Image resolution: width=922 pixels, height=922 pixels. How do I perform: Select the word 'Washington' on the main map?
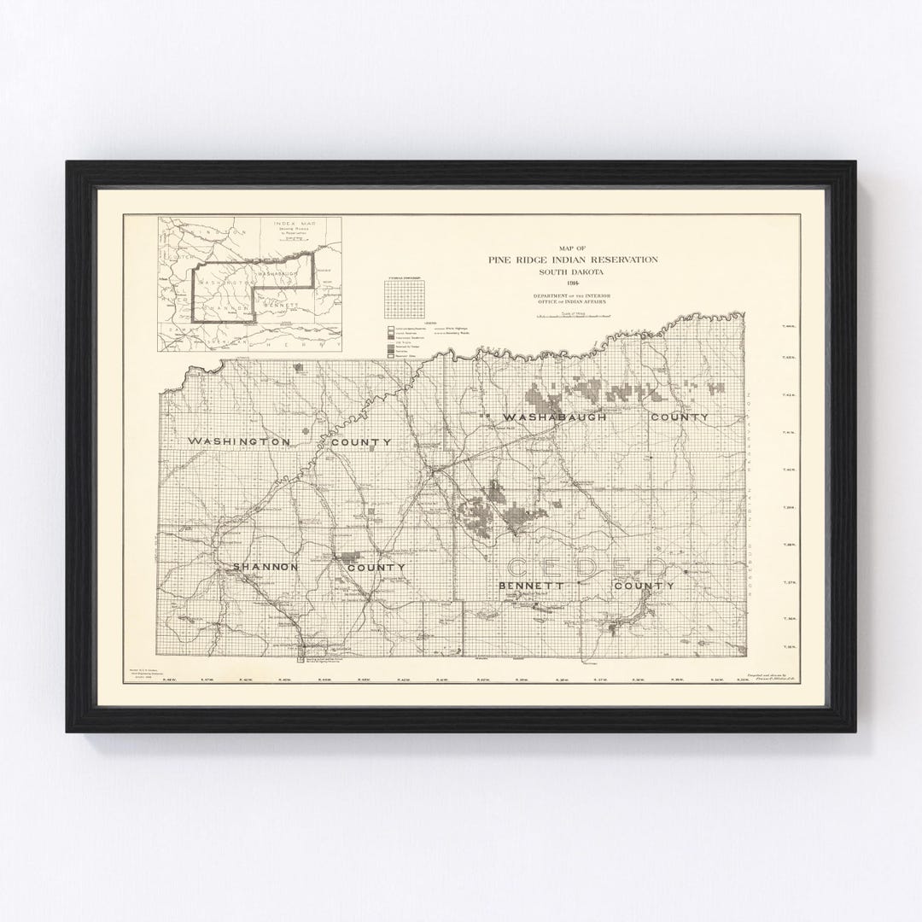[240, 441]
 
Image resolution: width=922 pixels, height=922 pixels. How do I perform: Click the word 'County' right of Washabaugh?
[679, 417]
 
